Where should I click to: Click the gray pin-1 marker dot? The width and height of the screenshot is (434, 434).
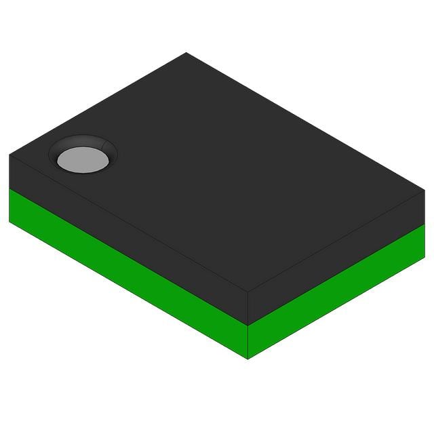point(83,159)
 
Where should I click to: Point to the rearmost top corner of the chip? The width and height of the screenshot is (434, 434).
point(186,53)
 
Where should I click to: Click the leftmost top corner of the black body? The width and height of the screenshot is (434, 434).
point(9,155)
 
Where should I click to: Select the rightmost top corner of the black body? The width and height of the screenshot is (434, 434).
point(425,191)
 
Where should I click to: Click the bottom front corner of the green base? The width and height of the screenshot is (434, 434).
point(248,358)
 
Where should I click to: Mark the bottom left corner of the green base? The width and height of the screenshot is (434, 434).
point(9,221)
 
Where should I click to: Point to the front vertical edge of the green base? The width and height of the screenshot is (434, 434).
point(248,342)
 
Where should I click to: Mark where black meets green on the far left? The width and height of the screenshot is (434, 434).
point(10,189)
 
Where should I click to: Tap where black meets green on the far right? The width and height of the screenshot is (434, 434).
point(424,224)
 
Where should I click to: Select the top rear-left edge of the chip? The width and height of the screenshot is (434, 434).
point(98,104)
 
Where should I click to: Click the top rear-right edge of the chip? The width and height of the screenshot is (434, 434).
point(305,122)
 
